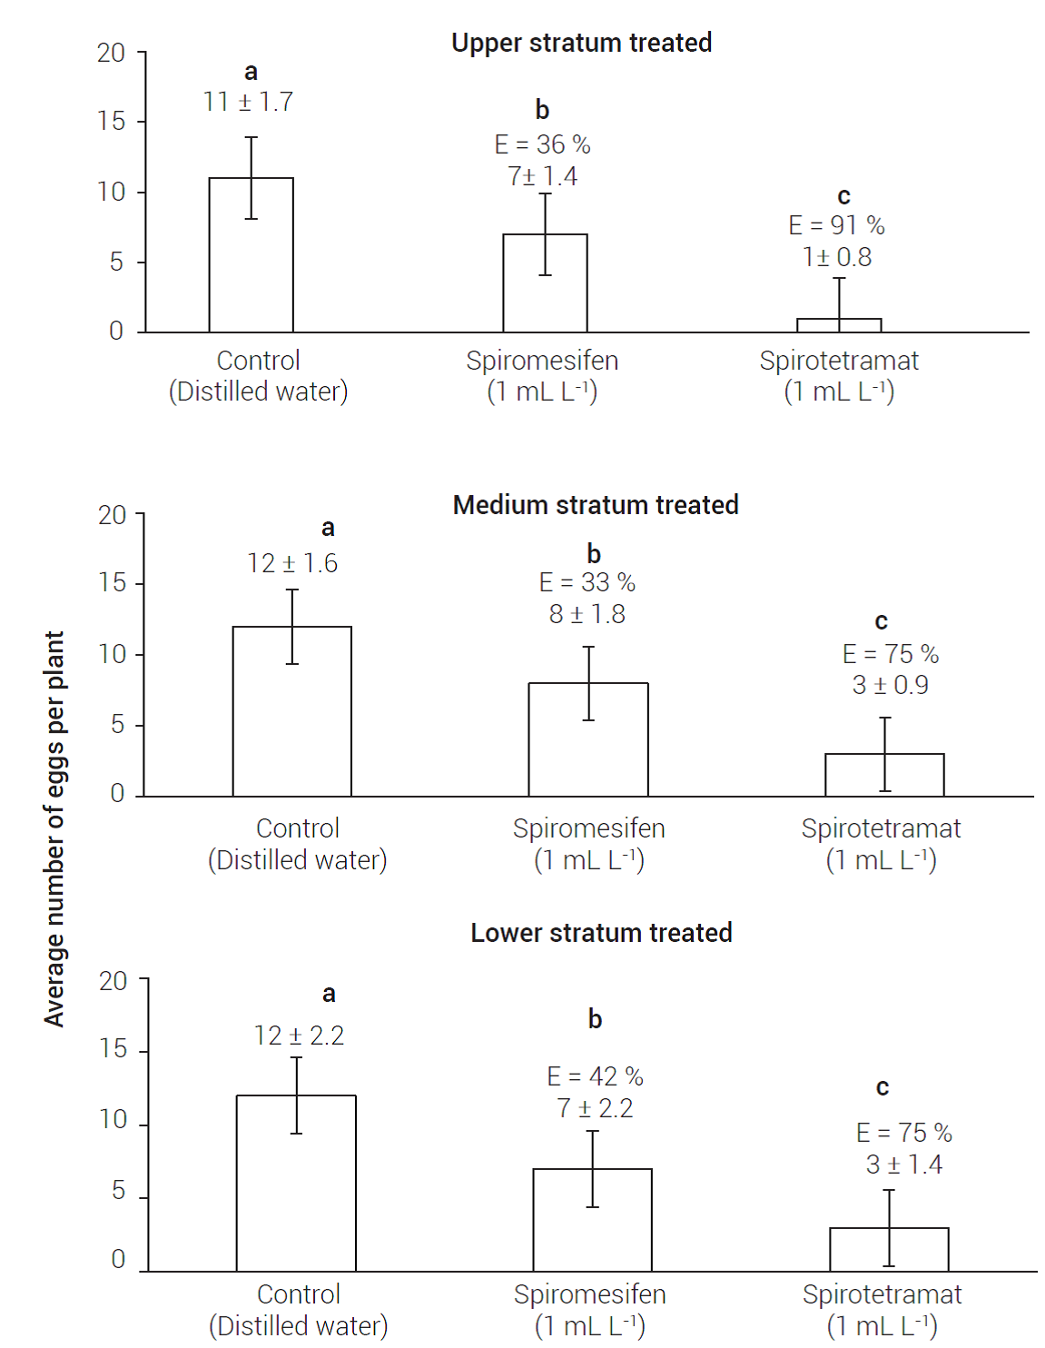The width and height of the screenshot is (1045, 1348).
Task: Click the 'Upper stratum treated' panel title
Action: (581, 43)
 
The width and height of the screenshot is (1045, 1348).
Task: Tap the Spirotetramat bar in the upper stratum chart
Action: (839, 325)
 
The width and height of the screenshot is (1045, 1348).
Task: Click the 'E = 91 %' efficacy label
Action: (836, 225)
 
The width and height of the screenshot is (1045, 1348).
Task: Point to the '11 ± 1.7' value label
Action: (248, 102)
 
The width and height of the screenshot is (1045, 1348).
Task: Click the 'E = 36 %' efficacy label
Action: (542, 144)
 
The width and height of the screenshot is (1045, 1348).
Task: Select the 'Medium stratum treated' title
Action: (596, 505)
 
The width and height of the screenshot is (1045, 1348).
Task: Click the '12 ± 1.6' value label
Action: (292, 563)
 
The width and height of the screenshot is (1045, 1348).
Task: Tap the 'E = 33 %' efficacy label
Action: (587, 582)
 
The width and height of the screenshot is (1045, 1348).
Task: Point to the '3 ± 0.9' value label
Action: (890, 685)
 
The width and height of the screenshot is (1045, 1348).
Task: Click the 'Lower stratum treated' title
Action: (601, 933)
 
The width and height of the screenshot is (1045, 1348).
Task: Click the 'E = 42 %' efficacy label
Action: (595, 1076)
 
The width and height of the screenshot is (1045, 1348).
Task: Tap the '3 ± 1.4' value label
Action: (903, 1165)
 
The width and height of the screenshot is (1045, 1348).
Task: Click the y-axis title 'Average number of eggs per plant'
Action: (54, 828)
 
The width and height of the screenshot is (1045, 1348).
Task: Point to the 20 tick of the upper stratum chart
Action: (111, 53)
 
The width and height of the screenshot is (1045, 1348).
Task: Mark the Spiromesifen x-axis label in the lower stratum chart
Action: (590, 1294)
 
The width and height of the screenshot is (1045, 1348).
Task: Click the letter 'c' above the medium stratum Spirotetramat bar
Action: (881, 622)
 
